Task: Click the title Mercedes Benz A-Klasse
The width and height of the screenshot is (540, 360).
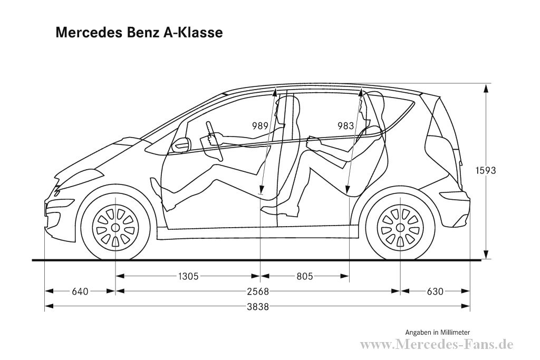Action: [139, 33]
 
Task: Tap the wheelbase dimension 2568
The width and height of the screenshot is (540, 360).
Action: [257, 291]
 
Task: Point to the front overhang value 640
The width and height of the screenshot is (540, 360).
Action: [80, 291]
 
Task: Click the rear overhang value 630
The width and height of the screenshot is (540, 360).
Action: [435, 291]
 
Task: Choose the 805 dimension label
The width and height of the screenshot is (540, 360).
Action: [304, 276]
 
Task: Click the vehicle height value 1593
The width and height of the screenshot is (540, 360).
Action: [486, 171]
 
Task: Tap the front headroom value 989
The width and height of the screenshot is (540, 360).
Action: [261, 125]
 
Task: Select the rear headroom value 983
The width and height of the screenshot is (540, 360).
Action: [346, 125]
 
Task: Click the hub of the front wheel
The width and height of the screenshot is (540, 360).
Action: [115, 228]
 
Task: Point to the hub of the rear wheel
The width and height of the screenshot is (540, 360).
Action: [400, 228]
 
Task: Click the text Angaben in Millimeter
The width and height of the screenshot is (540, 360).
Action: [437, 333]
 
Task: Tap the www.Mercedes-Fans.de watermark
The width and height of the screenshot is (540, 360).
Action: [436, 345]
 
